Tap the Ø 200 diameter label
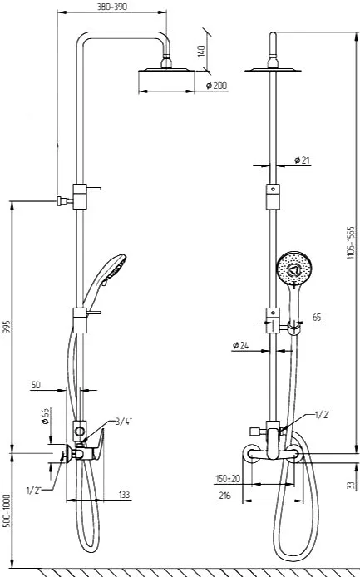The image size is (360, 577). (x=217, y=86)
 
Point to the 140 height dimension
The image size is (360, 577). (x=201, y=51)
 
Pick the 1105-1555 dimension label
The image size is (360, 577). (x=352, y=243)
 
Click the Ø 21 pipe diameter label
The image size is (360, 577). (x=302, y=160)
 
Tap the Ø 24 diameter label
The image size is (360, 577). (x=241, y=345)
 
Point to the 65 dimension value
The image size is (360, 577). (x=317, y=318)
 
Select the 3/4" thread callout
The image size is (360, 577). (x=124, y=422)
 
